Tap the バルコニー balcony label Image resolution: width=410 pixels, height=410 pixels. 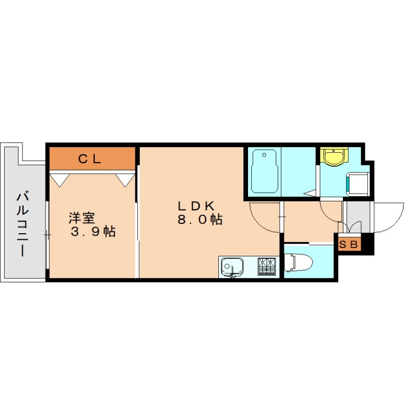pos(22,223)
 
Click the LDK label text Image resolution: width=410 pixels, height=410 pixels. pos(195,206)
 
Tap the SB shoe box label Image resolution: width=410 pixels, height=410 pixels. pos(350,244)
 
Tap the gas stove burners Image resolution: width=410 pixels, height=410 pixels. pos(266,266)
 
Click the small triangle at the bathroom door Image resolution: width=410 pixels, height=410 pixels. pos(310,193)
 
